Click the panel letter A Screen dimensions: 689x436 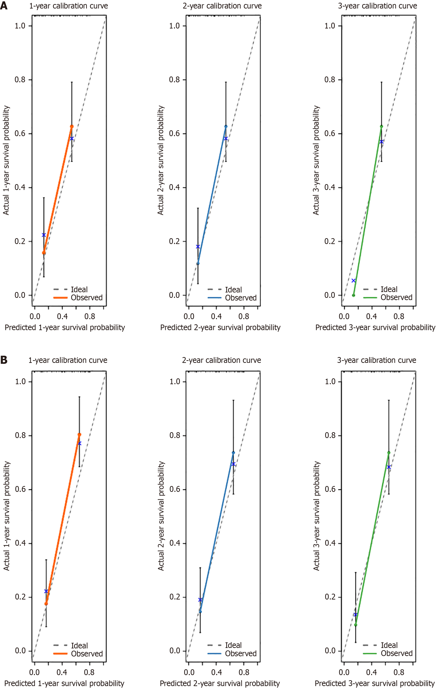pos(4,6)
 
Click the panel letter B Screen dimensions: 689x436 pos(4,360)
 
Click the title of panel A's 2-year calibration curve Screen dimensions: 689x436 pos(222,6)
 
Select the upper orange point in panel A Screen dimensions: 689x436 pos(72,126)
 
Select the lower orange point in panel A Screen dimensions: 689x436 pos(44,253)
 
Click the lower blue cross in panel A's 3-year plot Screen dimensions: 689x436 pos(354,281)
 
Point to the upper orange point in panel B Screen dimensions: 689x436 pos(79,435)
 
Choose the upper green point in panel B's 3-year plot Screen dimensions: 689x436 pos(389,453)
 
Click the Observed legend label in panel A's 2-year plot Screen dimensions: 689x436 pos(241,298)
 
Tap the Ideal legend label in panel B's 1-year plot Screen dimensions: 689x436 pos(79,645)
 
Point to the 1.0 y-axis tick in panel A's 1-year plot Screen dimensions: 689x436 pos(20,26)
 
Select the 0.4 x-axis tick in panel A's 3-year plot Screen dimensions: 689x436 pos(372,316)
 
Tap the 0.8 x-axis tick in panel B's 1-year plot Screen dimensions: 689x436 pos(89,672)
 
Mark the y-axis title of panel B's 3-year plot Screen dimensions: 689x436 pos(316,516)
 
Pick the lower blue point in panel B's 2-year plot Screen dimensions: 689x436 pos(200,612)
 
